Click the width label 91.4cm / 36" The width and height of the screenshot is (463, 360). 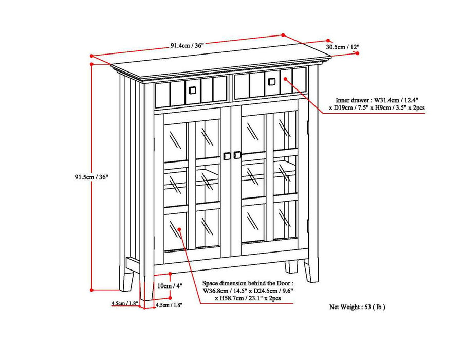[188, 45]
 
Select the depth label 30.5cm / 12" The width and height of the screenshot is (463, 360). [342, 47]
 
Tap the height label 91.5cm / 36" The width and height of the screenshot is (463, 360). [91, 177]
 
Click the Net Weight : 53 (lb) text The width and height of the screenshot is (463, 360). [357, 307]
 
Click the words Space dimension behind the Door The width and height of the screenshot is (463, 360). [248, 283]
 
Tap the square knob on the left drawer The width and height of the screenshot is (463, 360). [192, 90]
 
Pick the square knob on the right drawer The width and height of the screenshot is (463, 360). [270, 80]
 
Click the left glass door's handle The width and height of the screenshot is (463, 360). [227, 156]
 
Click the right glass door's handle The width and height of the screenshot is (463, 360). [237, 155]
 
